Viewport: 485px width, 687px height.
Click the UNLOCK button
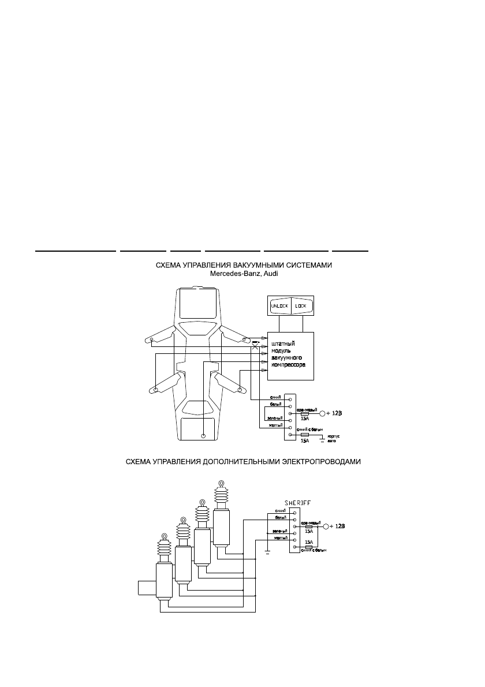[279, 306]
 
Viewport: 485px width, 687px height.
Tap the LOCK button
[301, 306]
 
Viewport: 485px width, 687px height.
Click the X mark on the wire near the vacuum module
[255, 346]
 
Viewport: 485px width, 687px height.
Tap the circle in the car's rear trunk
[203, 435]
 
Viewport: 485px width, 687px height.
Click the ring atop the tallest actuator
[221, 484]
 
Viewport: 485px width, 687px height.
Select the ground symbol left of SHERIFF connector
[267, 552]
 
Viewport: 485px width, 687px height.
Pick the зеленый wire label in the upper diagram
[274, 416]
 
